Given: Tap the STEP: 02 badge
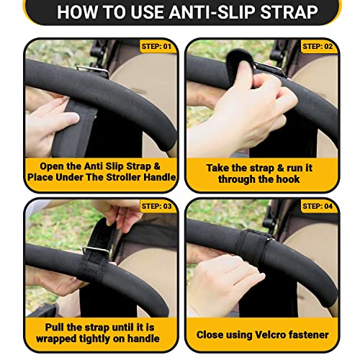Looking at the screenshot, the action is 318,46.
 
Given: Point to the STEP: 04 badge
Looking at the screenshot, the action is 318,206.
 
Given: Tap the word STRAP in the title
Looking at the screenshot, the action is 289,12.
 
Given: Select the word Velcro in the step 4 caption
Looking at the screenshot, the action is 270,335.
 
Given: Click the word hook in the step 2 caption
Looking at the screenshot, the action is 288,179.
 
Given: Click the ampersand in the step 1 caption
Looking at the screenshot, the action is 156,166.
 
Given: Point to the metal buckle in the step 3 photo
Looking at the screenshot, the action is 96,251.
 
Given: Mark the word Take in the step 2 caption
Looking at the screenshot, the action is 216,168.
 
